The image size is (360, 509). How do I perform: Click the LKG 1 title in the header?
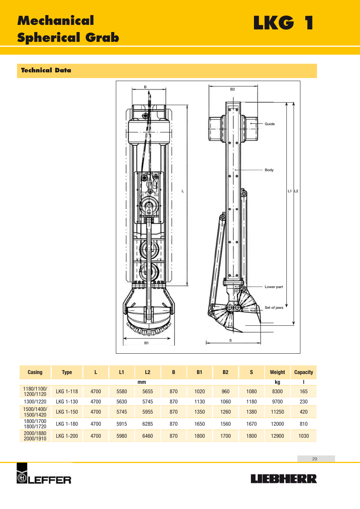click(x=283, y=23)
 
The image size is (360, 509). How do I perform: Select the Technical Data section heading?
click(x=46, y=70)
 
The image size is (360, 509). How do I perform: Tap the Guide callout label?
click(x=269, y=124)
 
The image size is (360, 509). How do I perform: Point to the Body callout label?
click(x=269, y=170)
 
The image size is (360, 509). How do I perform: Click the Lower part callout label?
click(x=274, y=287)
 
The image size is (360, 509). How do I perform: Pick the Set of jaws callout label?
click(x=274, y=307)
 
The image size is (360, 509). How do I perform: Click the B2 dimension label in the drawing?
click(x=232, y=89)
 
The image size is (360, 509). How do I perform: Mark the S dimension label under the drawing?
click(x=230, y=340)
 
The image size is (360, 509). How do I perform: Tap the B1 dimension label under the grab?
click(x=146, y=343)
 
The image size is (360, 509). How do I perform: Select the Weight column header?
click(x=277, y=372)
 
